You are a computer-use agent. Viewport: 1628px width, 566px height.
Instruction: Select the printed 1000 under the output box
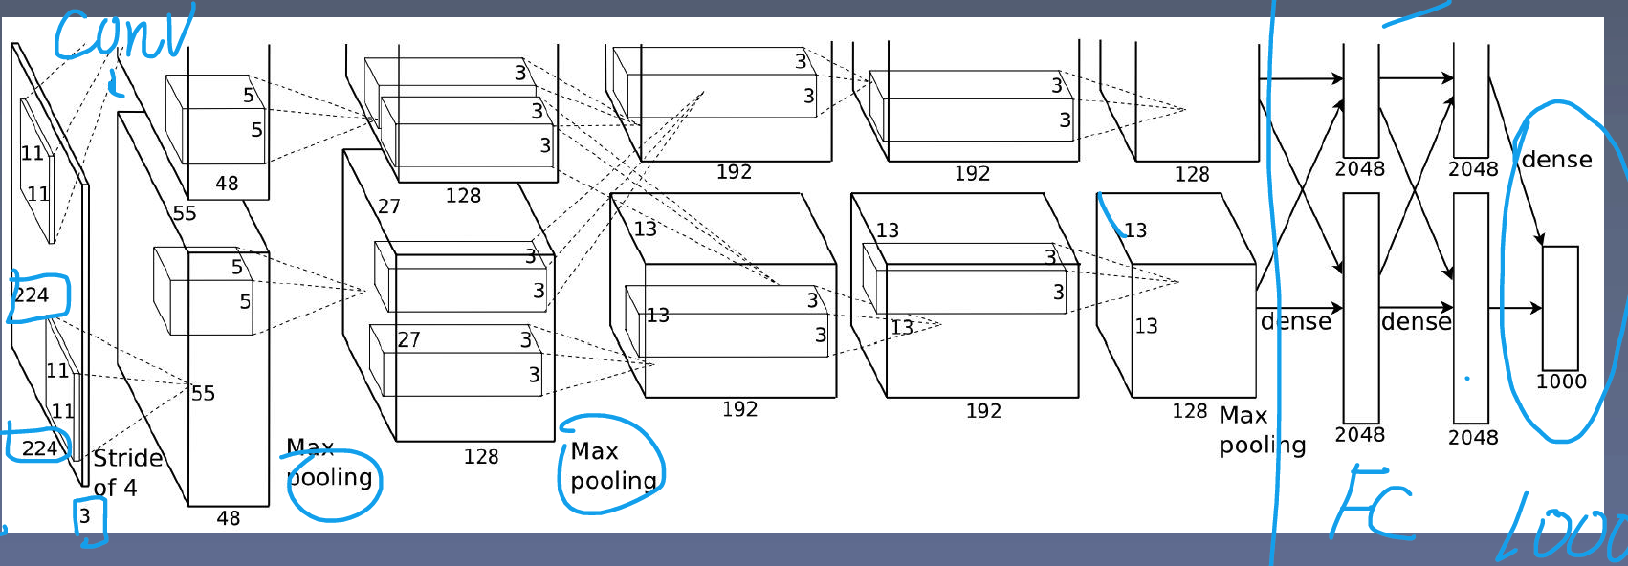tap(1560, 381)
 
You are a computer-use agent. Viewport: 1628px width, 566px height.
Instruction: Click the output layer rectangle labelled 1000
tap(1560, 308)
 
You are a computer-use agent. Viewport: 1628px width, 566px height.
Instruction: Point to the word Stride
tap(128, 458)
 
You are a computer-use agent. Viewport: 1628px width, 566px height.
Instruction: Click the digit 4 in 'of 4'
tap(129, 487)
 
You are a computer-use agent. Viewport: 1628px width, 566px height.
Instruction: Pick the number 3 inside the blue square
tap(85, 516)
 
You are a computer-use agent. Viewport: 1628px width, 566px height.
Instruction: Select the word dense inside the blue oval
tap(1557, 159)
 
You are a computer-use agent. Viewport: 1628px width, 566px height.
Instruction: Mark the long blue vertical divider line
tap(1272, 283)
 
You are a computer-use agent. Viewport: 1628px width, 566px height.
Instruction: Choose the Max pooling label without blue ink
tap(1263, 429)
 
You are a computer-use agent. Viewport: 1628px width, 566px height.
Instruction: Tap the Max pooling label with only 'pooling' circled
tap(329, 462)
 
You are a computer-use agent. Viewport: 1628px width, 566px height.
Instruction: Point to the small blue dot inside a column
tap(1467, 378)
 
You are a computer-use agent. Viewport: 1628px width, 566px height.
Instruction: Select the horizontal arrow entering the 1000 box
tap(1515, 308)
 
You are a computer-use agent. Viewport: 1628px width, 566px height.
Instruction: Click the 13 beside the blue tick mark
tap(1135, 230)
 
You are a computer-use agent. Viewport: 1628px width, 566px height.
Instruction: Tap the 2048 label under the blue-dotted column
tap(1473, 437)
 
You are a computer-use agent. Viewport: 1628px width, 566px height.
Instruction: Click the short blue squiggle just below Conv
tap(115, 83)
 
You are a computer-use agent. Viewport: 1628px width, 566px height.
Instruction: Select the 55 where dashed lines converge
tap(203, 393)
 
